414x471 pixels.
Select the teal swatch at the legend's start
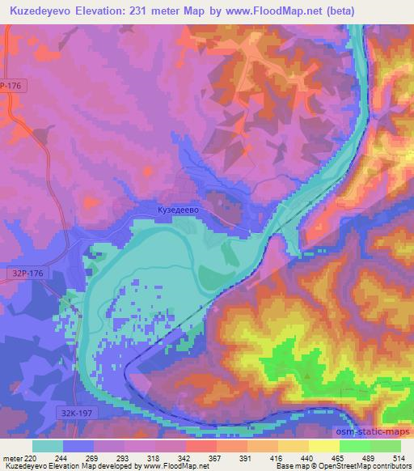pos(49,445)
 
